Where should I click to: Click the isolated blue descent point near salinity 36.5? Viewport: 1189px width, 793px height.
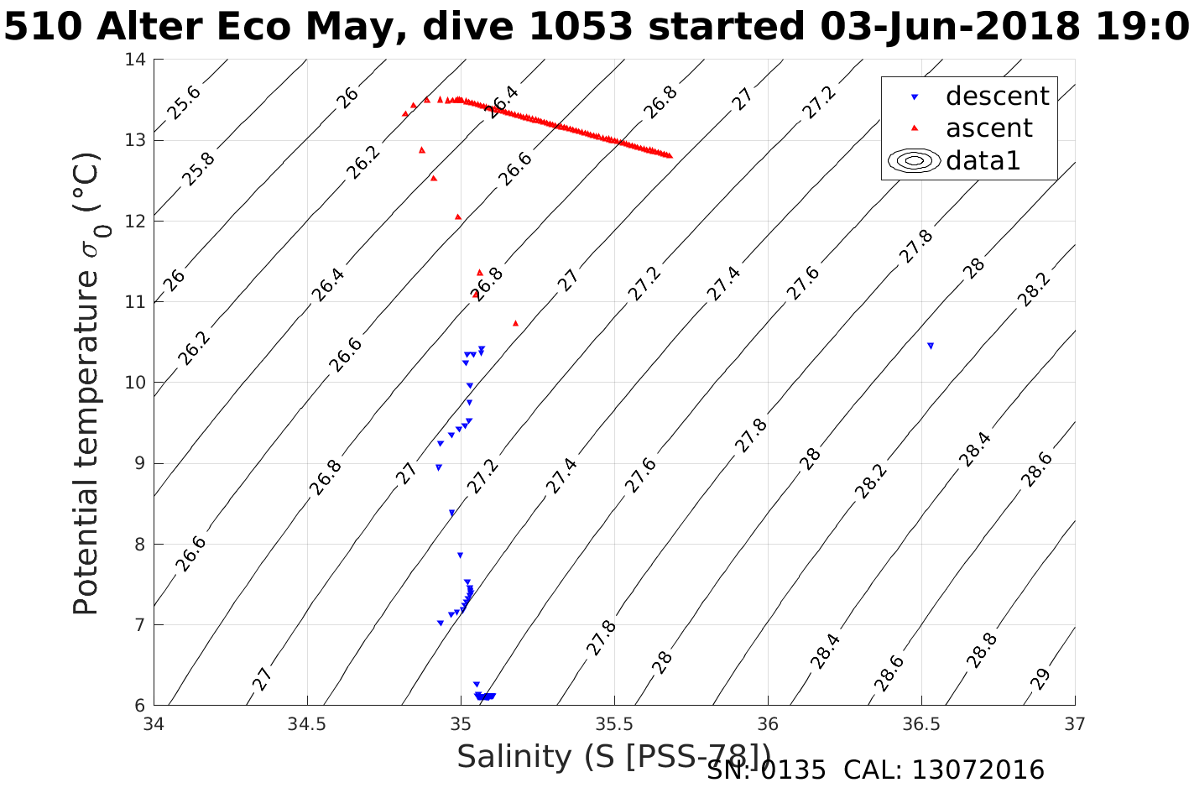[930, 346]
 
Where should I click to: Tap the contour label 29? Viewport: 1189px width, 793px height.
[1040, 679]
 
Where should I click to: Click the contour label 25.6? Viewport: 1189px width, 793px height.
[183, 102]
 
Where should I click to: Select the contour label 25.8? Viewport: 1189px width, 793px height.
[198, 170]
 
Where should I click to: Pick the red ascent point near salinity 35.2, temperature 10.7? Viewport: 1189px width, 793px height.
[515, 323]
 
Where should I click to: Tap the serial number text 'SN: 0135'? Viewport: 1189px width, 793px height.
[765, 770]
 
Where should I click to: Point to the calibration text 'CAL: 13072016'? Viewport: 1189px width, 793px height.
[943, 770]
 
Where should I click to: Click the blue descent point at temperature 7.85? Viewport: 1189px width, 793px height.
[460, 556]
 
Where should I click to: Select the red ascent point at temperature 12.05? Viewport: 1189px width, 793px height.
[458, 217]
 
